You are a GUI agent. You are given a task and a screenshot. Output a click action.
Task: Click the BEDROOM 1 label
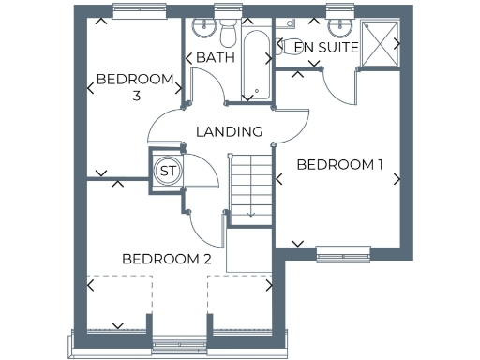(x=339, y=165)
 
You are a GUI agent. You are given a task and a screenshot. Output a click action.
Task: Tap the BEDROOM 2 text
(x=167, y=259)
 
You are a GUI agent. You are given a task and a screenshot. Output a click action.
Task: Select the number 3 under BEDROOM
(x=136, y=96)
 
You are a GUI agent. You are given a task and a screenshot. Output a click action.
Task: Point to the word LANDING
(x=229, y=131)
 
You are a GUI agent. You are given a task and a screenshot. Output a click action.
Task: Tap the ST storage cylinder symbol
(x=168, y=171)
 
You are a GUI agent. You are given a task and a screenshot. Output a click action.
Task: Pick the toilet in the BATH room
(x=227, y=33)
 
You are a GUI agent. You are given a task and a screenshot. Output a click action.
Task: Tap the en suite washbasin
(x=339, y=25)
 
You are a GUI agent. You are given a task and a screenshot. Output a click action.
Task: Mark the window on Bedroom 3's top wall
(x=139, y=10)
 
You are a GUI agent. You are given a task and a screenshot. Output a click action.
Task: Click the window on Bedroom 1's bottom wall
(x=343, y=250)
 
